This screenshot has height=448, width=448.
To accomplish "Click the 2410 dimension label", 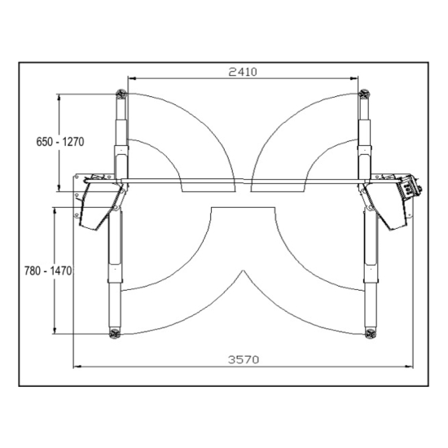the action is point(243,72).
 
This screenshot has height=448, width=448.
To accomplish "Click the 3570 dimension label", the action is point(244,359).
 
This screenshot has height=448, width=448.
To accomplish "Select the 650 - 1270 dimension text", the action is point(60,142).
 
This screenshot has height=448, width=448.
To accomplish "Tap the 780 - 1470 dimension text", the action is point(48,271).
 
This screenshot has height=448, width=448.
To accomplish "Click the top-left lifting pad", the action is point(121,94).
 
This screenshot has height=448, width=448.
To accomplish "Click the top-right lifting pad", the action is point(364,94).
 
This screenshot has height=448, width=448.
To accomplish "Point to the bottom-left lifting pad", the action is point(115,333).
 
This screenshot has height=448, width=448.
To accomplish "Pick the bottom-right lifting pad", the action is point(371,333).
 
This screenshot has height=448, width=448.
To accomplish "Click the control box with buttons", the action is point(409,187).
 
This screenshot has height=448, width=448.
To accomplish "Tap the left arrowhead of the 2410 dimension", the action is point(131,77).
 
